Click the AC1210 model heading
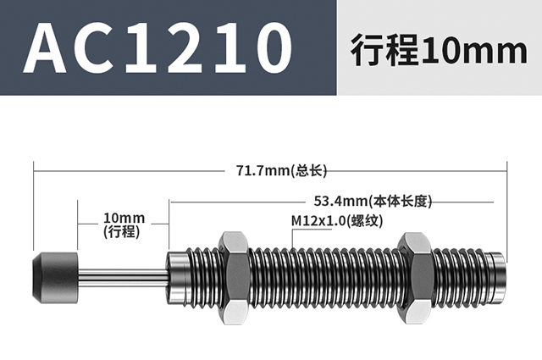pyautogui.click(x=158, y=47)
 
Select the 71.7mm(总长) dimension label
pyautogui.click(x=281, y=170)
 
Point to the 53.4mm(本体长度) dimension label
pyautogui.click(x=373, y=201)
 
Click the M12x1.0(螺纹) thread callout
pyautogui.click(x=337, y=220)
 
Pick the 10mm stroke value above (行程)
pyautogui.click(x=124, y=219)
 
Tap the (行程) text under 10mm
pyautogui.click(x=122, y=231)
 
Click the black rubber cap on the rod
pyautogui.click(x=55, y=275)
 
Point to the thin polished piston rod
pyautogui.click(x=124, y=275)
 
